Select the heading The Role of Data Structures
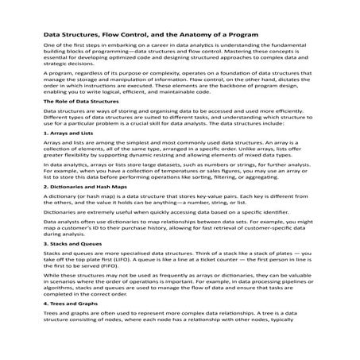(75, 124)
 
